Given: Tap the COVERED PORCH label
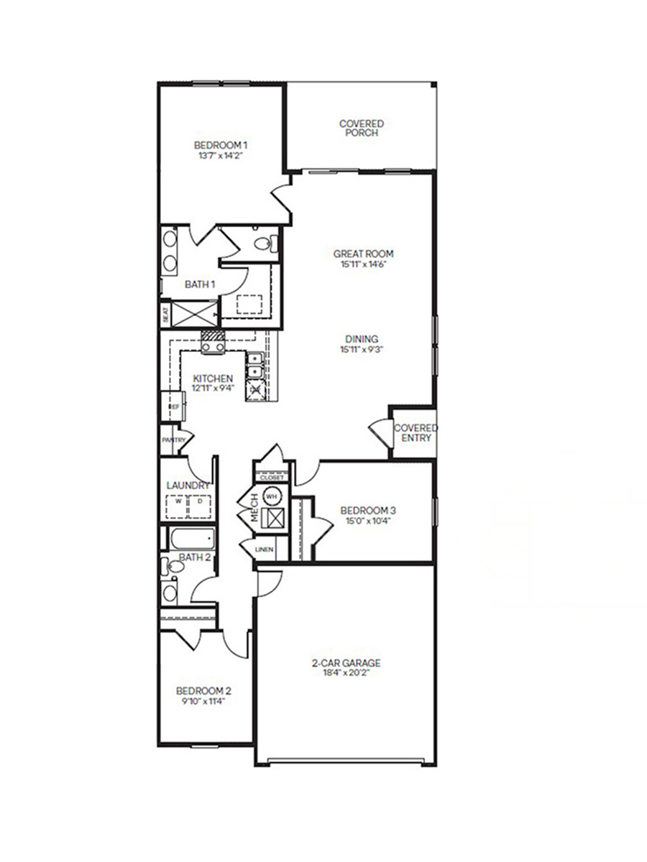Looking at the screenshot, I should (362, 128).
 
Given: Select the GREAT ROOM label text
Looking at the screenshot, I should (363, 254).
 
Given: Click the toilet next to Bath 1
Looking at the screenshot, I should (266, 244).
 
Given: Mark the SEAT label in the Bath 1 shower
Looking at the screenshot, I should (165, 314).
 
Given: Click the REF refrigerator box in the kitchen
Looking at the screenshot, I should (173, 407).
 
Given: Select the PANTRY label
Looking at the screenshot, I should (174, 440).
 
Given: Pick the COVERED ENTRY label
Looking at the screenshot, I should (416, 432).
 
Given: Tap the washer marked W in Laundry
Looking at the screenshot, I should (177, 503).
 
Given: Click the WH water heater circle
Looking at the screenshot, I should (272, 496).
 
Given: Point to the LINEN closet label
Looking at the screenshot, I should (263, 550).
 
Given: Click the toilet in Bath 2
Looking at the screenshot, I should (173, 567).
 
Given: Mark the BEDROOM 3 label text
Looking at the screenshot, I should (368, 511).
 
